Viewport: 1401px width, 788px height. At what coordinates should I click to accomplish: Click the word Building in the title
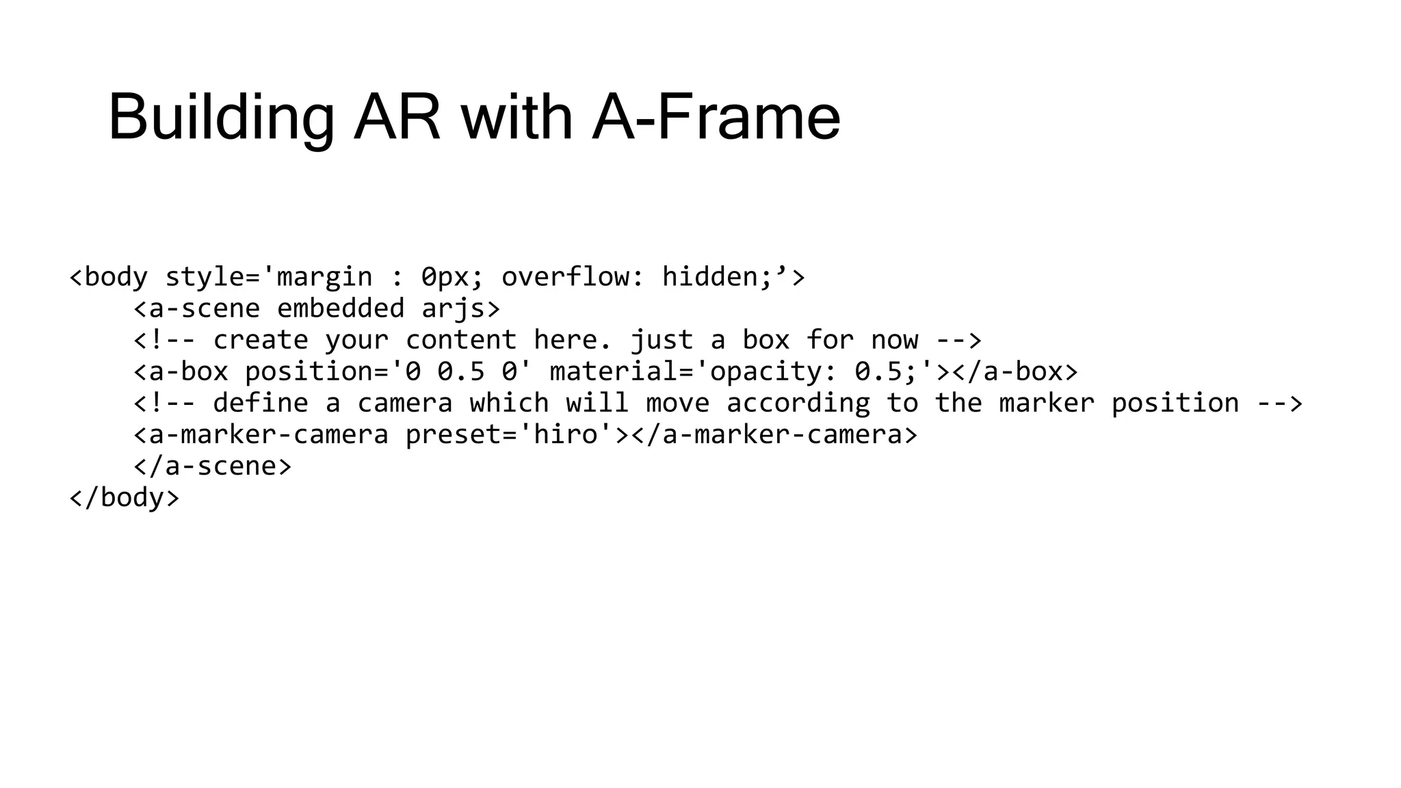pyautogui.click(x=221, y=118)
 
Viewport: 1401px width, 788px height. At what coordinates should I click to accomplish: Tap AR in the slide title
pyautogui.click(x=397, y=118)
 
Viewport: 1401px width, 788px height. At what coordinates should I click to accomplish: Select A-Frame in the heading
pyautogui.click(x=716, y=118)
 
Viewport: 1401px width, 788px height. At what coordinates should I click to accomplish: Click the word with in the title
pyautogui.click(x=516, y=118)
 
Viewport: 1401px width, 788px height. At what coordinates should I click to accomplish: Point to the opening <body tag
pyautogui.click(x=109, y=277)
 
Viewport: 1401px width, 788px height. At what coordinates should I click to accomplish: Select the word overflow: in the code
pyautogui.click(x=573, y=277)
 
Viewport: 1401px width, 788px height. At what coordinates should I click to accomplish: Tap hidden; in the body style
pyautogui.click(x=717, y=277)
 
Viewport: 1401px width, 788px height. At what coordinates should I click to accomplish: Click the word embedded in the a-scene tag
pyautogui.click(x=340, y=308)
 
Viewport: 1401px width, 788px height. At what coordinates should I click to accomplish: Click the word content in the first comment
pyautogui.click(x=460, y=340)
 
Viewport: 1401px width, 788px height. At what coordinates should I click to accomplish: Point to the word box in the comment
pyautogui.click(x=765, y=340)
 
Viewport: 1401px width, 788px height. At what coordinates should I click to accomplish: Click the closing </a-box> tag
pyautogui.click(x=1015, y=371)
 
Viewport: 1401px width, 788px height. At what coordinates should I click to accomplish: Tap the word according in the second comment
pyautogui.click(x=798, y=403)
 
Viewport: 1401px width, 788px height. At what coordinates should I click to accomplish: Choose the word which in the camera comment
pyautogui.click(x=508, y=403)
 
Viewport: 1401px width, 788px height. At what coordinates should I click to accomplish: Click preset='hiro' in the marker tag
pyautogui.click(x=508, y=434)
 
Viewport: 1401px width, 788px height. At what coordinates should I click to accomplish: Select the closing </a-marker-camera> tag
pyautogui.click(x=774, y=434)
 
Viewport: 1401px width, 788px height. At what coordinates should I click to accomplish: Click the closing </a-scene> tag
pyautogui.click(x=212, y=466)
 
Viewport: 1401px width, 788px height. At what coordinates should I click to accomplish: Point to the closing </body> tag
pyautogui.click(x=124, y=497)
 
